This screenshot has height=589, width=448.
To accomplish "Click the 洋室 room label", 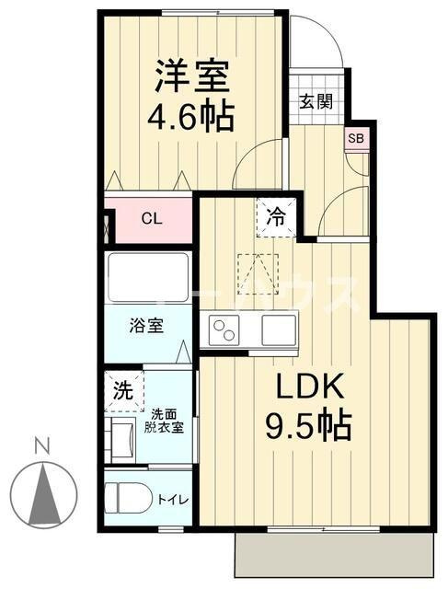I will coord(191,75).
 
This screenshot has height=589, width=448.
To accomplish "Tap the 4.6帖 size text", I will coord(191,117).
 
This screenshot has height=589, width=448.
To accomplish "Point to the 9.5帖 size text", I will coord(308,425).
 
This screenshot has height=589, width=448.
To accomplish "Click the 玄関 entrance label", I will coord(315,101).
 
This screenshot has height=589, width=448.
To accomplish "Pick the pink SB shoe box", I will coord(354,139).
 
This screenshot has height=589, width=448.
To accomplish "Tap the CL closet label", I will coord(152,219).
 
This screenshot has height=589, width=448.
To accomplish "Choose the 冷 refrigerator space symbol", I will coord(276,218).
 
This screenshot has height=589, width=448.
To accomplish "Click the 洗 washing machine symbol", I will coord(122,389).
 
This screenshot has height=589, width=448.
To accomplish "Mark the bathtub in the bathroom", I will coord(148,276).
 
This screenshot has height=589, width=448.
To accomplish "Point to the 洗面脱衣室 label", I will coord(167,421).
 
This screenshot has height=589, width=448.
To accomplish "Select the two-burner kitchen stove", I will coord(225,329).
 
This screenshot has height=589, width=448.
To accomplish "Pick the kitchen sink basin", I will coord(278,329).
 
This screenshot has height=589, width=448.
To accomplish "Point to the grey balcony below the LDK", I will coord(334,556).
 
